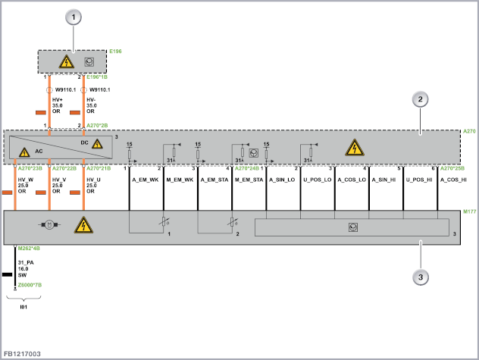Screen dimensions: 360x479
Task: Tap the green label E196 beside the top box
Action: click(x=115, y=52)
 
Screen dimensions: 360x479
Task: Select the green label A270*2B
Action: click(x=98, y=124)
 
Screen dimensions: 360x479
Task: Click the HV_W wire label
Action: click(x=25, y=180)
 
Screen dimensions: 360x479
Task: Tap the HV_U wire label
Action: click(x=93, y=180)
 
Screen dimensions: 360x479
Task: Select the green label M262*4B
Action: click(x=30, y=248)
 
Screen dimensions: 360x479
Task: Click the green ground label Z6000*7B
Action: click(x=30, y=285)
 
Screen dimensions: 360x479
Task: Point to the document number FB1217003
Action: click(x=23, y=353)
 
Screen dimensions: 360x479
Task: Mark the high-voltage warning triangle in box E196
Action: click(x=66, y=61)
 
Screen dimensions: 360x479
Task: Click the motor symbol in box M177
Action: click(x=48, y=225)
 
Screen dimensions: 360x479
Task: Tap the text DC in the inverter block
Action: click(x=84, y=141)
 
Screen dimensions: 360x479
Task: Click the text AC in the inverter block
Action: click(x=38, y=152)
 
